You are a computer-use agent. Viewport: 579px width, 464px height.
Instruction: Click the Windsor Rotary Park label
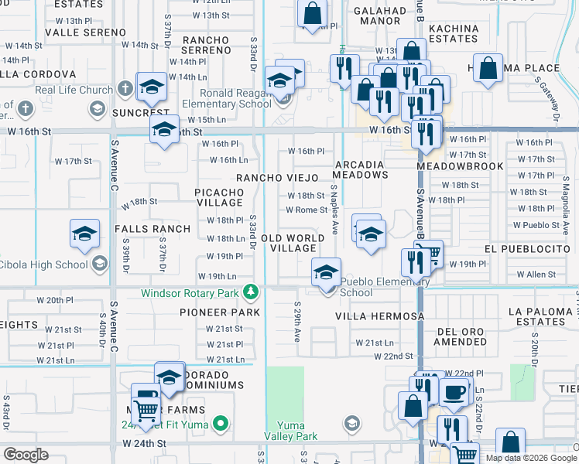coord(190,293)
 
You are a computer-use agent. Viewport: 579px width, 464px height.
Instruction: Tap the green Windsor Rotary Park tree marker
coord(250,292)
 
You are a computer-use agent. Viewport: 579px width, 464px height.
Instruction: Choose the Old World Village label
coord(289,243)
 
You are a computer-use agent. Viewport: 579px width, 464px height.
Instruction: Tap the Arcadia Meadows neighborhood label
coord(361,169)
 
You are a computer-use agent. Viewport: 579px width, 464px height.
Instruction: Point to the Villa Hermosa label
coord(379,316)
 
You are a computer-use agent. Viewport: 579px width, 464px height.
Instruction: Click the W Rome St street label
coord(307,210)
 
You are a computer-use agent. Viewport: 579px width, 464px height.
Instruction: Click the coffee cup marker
coord(454,391)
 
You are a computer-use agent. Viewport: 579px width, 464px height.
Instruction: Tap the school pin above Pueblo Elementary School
coord(327,273)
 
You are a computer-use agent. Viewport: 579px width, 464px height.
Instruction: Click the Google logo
coord(26,454)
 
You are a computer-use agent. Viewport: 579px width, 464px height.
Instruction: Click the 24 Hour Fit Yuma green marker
coord(221,423)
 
